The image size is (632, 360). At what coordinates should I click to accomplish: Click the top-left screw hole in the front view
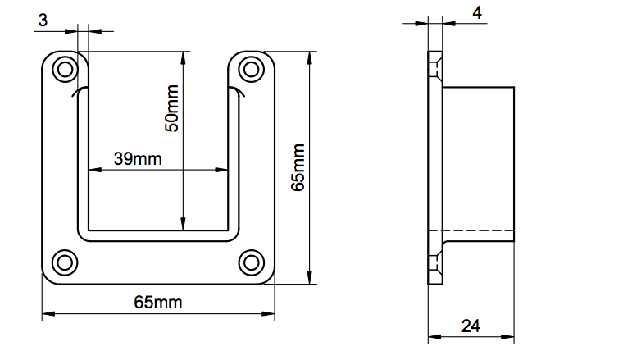pos(65,70)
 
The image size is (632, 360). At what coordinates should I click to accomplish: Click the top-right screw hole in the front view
pos(252,70)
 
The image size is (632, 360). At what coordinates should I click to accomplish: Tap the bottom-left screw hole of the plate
pos(65,263)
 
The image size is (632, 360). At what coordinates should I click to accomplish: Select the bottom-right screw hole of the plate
pos(252,263)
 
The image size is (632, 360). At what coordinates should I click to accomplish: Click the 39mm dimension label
pos(138,159)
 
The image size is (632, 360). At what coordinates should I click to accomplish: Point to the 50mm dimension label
pos(171,108)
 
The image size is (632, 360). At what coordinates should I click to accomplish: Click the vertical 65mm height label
pos(298,167)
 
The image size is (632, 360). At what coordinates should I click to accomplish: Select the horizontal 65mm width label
pos(158,303)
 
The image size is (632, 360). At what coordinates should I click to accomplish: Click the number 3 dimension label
pos(43,21)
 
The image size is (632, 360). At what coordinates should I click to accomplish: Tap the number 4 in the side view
pos(477,13)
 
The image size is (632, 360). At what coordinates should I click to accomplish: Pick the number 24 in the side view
pos(471,326)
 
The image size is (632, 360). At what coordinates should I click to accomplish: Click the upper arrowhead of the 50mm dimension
pos(184,58)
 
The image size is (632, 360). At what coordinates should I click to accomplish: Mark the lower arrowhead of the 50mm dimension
pos(184,224)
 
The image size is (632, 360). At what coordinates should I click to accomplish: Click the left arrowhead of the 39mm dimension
pos(95,170)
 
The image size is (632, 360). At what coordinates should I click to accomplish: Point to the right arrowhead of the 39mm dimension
pos(221,170)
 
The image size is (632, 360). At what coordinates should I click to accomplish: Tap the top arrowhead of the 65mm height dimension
pos(310,58)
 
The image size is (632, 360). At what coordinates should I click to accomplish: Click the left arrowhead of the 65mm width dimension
pos(48,313)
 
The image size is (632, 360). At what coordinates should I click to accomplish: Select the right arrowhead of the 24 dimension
pos(507,336)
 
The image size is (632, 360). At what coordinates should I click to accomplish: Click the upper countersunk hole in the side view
pos(435,70)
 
